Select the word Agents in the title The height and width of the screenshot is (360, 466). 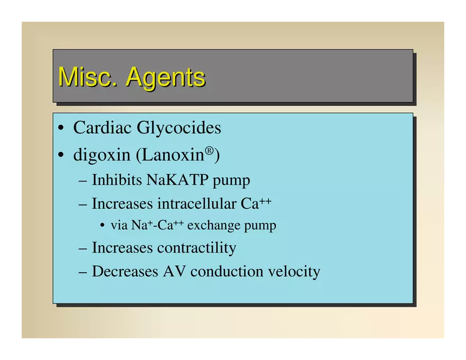coord(166,78)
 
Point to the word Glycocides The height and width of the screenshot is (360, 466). coord(179,128)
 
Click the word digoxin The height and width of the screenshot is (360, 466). coord(102,155)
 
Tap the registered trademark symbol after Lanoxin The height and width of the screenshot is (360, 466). coord(209,150)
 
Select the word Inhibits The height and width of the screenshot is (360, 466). coord(117,179)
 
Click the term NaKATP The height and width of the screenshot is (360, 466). coord(177,179)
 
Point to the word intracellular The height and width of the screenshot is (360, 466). coord(196,204)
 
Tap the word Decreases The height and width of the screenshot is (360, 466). coord(125,272)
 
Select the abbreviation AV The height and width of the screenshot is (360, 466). coord(174,272)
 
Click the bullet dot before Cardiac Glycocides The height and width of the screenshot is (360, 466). coord(61,128)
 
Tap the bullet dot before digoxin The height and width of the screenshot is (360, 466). coord(61,155)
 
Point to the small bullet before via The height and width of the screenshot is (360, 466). coord(103,225)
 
